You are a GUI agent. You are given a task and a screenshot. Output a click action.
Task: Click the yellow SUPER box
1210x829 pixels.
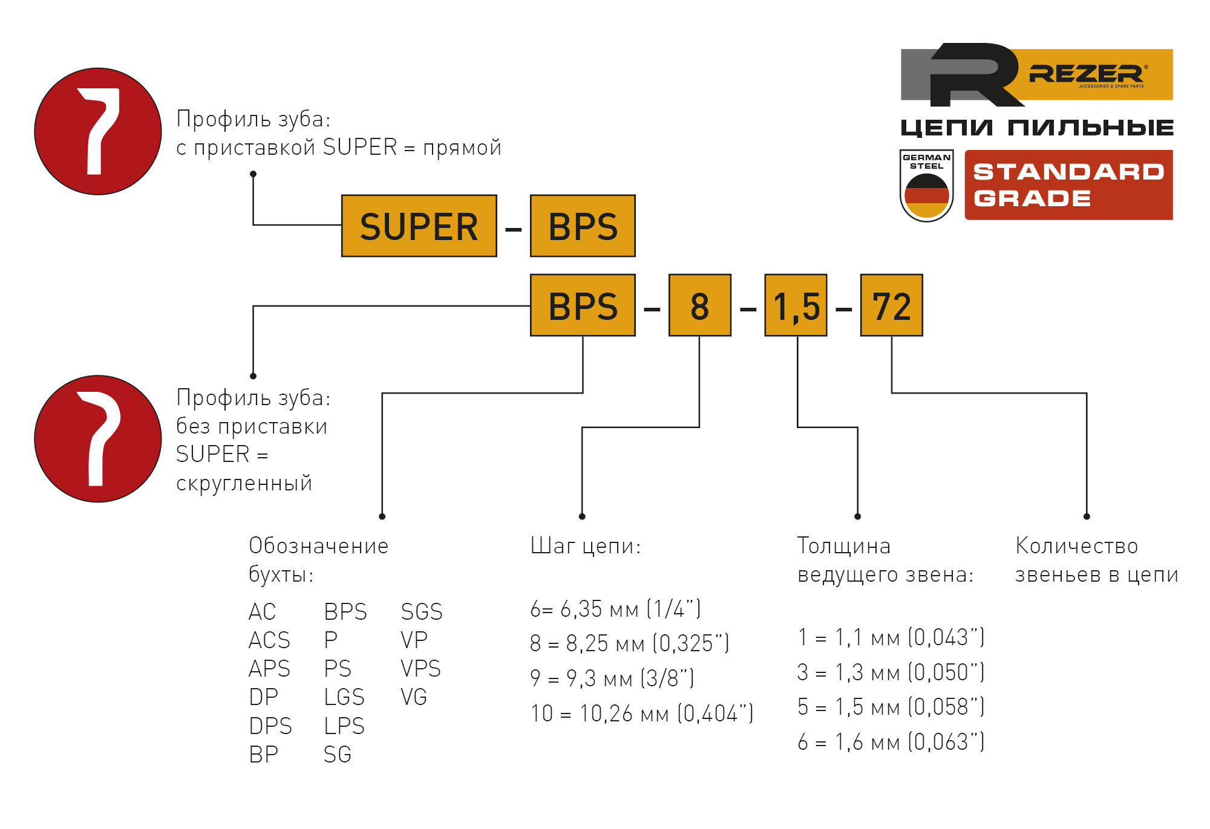point(419,226)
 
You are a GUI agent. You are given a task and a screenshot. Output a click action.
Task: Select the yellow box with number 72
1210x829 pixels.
point(891,305)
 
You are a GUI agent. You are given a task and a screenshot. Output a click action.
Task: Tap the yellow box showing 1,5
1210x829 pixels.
point(796,305)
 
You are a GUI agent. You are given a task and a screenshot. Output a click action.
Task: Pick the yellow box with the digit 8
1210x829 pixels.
point(699,305)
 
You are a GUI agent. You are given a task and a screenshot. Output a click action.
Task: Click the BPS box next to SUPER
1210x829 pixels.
point(583,226)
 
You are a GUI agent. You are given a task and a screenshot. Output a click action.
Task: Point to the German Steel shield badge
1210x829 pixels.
point(926,186)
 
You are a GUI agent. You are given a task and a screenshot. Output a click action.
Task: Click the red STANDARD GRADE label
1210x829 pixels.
point(1068,185)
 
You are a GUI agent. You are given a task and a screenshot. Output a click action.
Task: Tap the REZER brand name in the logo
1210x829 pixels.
point(1086,74)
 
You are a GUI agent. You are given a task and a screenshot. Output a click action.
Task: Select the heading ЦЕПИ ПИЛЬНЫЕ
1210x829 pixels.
point(1037,128)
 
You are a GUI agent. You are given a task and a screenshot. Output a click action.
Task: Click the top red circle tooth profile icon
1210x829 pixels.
point(98,131)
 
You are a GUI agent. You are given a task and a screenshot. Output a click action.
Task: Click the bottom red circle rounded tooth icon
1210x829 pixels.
point(98,438)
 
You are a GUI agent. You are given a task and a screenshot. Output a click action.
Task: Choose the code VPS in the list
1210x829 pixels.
point(420,669)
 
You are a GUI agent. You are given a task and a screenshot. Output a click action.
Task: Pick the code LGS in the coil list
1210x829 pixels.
point(344,697)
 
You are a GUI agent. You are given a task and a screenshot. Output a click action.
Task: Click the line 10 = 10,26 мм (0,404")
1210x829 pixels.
point(642,714)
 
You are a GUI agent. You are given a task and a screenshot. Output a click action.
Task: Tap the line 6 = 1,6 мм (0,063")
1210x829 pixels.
point(891,742)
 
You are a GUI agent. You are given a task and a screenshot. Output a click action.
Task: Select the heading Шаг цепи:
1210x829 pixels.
point(585,546)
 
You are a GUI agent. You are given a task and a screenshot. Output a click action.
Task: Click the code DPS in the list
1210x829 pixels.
point(270,726)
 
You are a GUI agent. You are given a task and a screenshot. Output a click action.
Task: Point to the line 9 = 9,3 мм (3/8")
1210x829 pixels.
point(612,678)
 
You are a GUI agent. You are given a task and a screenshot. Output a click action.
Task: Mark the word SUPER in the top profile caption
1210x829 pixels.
point(360,148)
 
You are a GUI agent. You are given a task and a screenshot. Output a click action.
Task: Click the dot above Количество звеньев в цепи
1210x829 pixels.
point(1087,516)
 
